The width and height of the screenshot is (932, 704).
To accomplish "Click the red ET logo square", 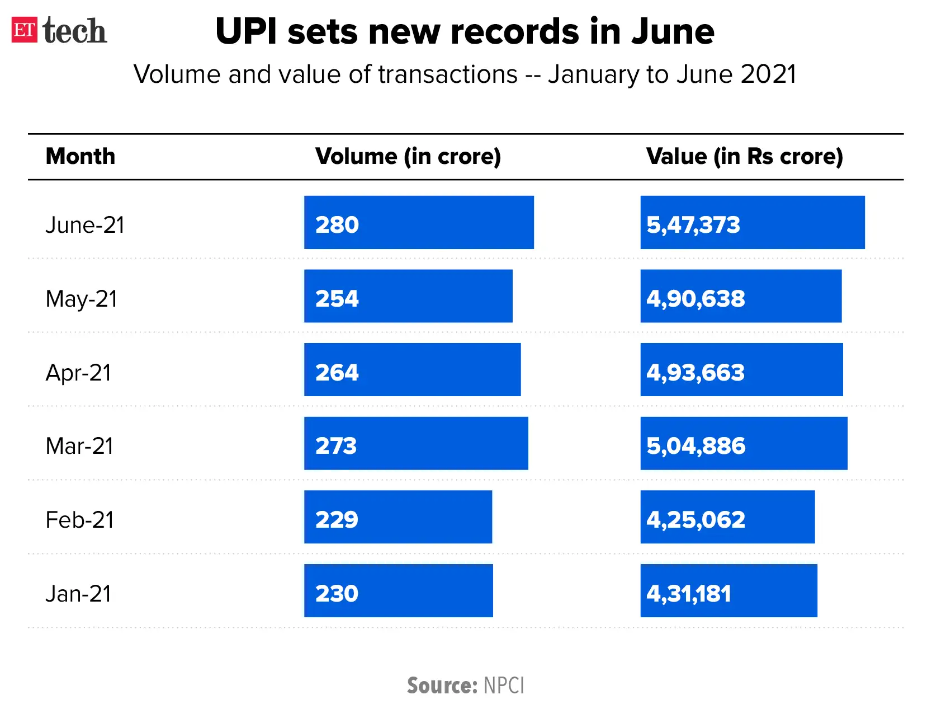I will point(25,30).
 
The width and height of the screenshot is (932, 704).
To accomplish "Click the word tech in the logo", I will point(74,31).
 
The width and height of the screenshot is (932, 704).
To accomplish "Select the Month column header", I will point(81,156).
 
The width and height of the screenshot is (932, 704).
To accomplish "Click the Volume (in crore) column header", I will point(408,156).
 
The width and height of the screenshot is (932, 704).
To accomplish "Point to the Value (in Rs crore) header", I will point(744,156).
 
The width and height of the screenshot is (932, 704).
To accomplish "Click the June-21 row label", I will point(85,225).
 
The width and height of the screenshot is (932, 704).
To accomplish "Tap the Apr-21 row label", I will point(78,373).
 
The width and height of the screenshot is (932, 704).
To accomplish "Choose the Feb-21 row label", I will point(79,520).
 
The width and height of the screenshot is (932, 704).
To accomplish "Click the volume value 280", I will point(337,225).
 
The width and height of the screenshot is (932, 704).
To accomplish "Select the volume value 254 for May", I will point(337,299).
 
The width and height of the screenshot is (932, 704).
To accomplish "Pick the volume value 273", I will point(336,446).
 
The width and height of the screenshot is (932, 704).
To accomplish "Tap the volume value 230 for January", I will point(337,594).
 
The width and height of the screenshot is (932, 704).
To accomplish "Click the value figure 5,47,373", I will point(693,225).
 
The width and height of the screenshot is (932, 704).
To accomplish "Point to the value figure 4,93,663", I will point(696,373).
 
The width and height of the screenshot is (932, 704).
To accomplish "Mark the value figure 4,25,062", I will point(696,520).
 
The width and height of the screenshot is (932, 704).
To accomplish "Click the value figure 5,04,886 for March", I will point(696,446).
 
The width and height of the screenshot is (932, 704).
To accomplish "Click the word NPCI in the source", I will point(504,686).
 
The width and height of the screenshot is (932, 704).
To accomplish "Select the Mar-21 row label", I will point(79,446).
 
